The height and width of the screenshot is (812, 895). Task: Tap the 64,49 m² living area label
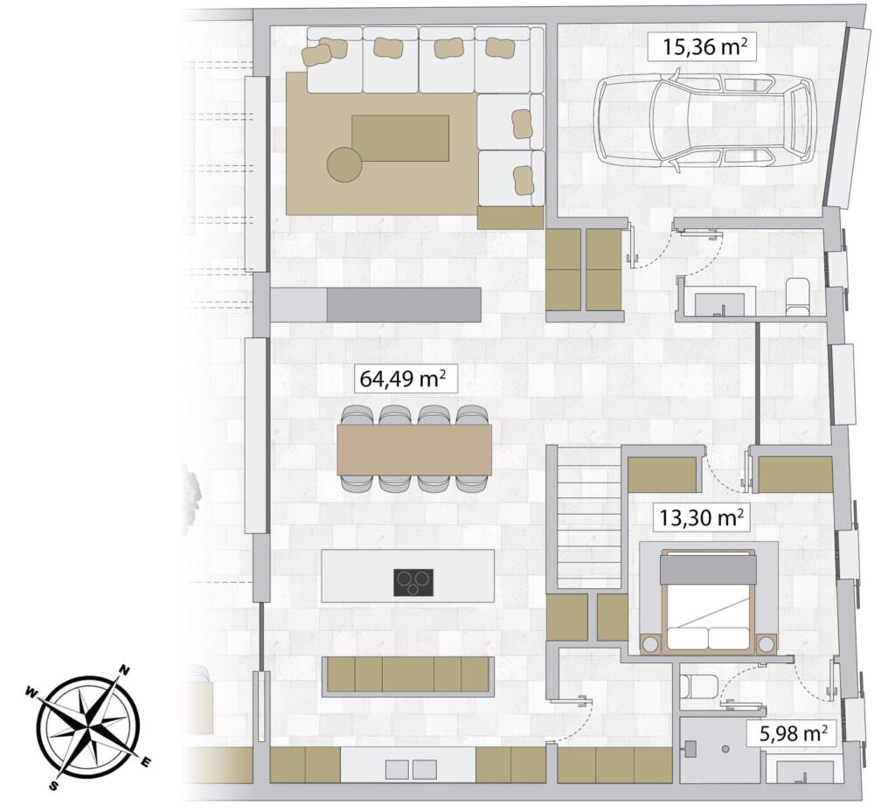click(406, 378)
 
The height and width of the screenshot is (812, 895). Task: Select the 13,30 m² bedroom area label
click(701, 517)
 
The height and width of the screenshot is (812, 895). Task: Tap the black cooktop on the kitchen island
click(413, 583)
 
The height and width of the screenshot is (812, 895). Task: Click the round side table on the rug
click(344, 164)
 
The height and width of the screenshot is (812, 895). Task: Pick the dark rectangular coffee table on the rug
click(400, 138)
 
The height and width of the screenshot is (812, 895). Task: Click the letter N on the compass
click(124, 670)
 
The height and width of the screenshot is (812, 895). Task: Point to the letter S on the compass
click(53, 786)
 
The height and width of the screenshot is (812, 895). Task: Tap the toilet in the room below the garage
click(796, 295)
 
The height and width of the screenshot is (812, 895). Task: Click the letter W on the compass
click(31, 693)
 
